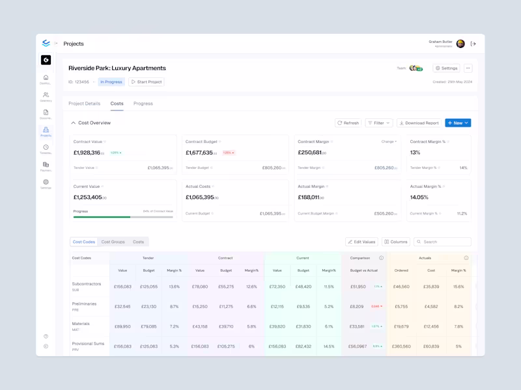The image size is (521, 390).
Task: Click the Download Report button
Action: [419, 123]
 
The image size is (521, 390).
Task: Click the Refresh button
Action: [348, 123]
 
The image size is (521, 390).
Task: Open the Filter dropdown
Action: [379, 123]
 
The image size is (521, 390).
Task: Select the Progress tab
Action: [143, 103]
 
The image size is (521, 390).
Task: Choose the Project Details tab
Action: [85, 103]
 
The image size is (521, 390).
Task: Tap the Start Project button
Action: [147, 82]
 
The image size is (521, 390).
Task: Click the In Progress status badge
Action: [111, 82]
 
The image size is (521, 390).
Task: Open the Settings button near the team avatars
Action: [447, 68]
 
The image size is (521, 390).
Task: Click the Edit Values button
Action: [361, 242]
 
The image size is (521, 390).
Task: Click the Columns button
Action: [396, 242]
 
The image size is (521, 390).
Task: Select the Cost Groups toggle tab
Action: [113, 242]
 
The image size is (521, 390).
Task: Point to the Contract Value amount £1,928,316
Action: [87, 153]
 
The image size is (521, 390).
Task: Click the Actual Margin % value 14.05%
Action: [419, 197]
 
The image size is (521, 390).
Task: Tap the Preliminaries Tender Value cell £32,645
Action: [122, 306]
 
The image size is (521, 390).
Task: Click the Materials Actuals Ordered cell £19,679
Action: [401, 326]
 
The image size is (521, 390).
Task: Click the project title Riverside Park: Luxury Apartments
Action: [117, 68]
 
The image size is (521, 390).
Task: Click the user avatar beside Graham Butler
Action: [460, 44]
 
